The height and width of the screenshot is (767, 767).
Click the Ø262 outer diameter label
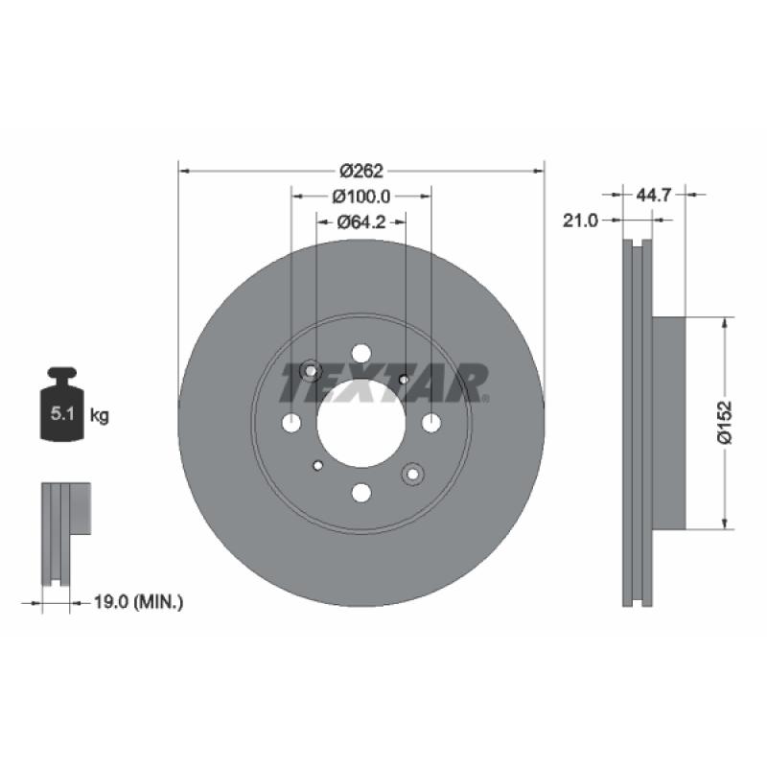[x=361, y=172]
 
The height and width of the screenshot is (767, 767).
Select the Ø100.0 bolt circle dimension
[x=361, y=197]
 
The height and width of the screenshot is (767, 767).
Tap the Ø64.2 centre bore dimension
[x=361, y=222]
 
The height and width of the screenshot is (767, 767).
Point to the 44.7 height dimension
[x=653, y=196]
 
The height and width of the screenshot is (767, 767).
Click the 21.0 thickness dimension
[x=580, y=221]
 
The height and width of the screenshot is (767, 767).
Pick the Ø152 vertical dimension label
[x=725, y=423]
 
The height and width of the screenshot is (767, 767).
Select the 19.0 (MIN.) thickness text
[x=138, y=602]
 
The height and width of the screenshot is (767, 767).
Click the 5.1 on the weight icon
[x=62, y=414]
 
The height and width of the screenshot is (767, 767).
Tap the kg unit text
[x=100, y=416]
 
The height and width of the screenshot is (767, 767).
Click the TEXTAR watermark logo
[x=384, y=383]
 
